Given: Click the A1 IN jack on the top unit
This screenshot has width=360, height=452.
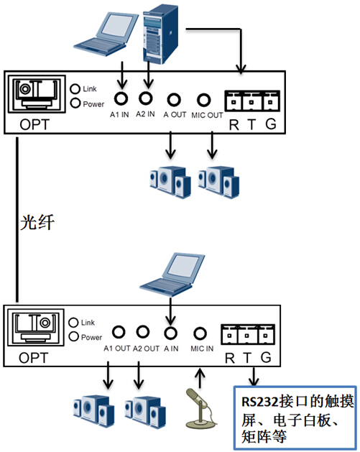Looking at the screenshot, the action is [121, 98].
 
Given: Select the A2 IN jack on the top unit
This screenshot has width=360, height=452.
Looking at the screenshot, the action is [146, 98].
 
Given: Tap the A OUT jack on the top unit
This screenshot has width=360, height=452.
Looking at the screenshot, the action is [174, 100].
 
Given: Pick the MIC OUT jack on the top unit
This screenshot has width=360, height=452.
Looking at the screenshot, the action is [204, 100].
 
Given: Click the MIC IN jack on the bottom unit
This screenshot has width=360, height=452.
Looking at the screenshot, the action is [200, 333].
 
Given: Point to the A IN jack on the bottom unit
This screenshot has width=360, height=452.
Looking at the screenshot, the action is [170, 333].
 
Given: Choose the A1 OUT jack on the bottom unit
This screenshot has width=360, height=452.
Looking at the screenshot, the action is [119, 332].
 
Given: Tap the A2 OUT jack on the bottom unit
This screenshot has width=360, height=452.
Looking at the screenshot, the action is [143, 332].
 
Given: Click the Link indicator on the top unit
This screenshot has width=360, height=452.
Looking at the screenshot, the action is [75, 88].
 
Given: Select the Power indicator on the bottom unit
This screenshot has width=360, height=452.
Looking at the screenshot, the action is [73, 336].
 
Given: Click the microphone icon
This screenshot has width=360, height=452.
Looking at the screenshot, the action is [200, 408].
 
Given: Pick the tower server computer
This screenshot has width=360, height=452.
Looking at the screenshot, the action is [160, 34].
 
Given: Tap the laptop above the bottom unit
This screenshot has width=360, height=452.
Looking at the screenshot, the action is [172, 275].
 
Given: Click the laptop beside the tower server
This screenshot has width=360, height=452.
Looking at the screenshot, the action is [106, 34].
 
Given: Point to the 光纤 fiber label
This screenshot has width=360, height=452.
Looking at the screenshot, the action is [37, 223].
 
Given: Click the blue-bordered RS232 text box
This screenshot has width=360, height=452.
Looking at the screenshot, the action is [295, 418].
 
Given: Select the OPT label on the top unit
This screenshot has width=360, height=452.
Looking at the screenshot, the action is [34, 124].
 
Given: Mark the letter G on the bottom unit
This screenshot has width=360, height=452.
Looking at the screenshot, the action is [266, 357].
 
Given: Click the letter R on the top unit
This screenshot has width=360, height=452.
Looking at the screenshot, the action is [234, 124].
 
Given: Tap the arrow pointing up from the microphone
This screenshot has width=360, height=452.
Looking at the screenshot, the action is [200, 378].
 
